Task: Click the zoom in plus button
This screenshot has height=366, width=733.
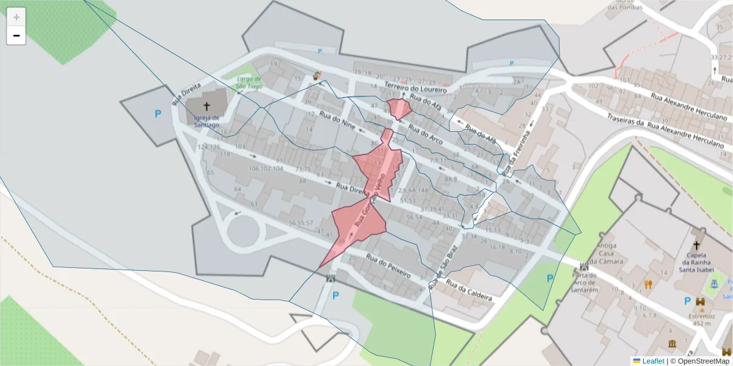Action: coord(16,17)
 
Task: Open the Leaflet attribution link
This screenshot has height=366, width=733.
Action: coord(652,361)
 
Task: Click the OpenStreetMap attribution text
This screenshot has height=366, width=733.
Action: coord(700,361)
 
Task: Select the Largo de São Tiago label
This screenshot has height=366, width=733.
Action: coord(249,82)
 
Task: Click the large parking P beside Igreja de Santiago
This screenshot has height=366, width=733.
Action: coord(158,113)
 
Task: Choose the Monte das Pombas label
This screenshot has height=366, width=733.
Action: coord(624,5)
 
